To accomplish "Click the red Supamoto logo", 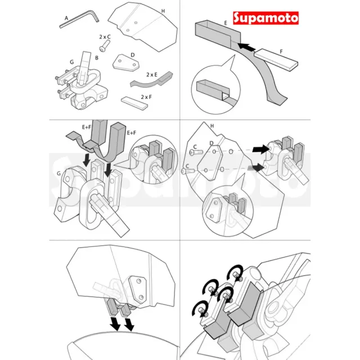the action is pyautogui.click(x=265, y=18).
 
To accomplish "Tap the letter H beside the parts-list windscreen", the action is pyautogui.click(x=163, y=11).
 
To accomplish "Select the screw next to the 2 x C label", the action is pyautogui.click(x=105, y=46).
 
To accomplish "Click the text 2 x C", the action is pyautogui.click(x=105, y=37).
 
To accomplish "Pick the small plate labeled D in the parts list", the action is pyautogui.click(x=126, y=62).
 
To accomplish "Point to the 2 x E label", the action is pyautogui.click(x=152, y=75).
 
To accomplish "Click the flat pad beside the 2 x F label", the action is pyautogui.click(x=134, y=103).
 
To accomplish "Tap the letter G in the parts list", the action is pyautogui.click(x=72, y=62).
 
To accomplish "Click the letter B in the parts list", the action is pyautogui.click(x=97, y=58).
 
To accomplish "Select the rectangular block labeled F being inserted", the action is pyautogui.click(x=276, y=60).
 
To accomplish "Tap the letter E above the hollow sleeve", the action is pyautogui.click(x=226, y=23).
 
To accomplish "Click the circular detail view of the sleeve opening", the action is pyautogui.click(x=215, y=89).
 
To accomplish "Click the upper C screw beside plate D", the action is pyautogui.click(x=196, y=152).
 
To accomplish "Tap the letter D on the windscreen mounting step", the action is pyautogui.click(x=211, y=143).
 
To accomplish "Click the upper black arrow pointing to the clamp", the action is pyautogui.click(x=260, y=149).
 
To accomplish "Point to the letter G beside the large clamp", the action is pyautogui.click(x=58, y=173).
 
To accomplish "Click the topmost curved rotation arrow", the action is pyautogui.click(x=235, y=272).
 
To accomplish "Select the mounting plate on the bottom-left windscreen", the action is pyautogui.click(x=137, y=290).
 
